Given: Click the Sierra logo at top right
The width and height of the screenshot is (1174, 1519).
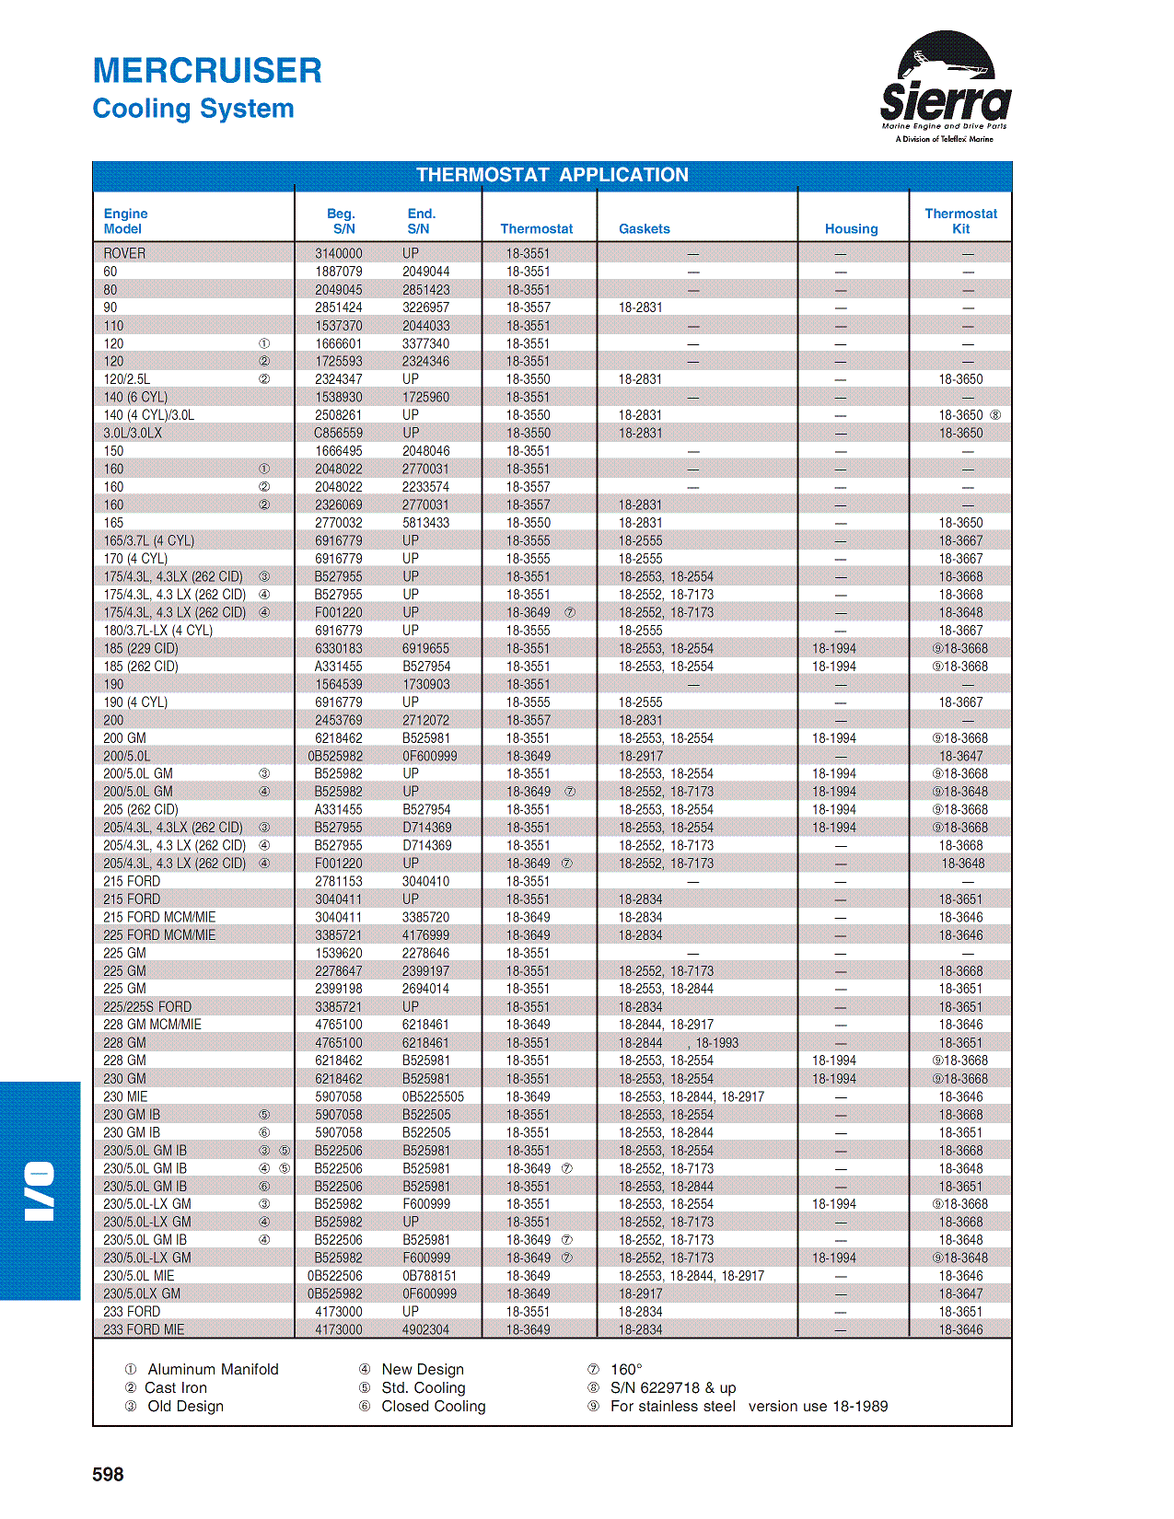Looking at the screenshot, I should click(945, 87).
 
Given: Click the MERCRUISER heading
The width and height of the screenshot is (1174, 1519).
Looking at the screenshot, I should click(207, 71).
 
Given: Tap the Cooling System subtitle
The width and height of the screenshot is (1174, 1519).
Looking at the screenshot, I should click(193, 109).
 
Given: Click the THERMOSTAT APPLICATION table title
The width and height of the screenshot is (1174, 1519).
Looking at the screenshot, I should click(552, 175).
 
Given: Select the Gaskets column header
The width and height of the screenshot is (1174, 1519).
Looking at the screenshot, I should click(644, 229).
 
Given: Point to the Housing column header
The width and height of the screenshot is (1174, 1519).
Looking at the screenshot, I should click(851, 229).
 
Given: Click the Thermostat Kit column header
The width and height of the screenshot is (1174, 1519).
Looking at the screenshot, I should click(960, 221).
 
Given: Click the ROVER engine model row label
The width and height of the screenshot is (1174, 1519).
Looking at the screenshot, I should click(124, 253).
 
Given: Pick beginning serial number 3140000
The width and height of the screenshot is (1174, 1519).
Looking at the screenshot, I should click(338, 253).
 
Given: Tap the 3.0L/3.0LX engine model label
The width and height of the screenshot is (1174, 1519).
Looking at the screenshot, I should click(133, 433).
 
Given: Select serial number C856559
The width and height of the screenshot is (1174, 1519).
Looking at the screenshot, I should click(338, 433).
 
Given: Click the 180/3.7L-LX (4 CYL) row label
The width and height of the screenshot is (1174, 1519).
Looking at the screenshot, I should click(157, 631).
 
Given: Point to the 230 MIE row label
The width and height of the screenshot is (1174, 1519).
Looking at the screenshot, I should click(125, 1096).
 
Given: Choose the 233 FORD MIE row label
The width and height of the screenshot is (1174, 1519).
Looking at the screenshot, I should click(144, 1329).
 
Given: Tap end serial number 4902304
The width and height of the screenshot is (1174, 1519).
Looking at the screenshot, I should click(425, 1329).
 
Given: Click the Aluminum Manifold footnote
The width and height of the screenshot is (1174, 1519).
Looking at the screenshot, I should click(213, 1369).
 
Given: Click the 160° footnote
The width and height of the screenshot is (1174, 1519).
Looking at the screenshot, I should click(626, 1369).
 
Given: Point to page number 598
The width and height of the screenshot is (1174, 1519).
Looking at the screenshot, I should click(108, 1474).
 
